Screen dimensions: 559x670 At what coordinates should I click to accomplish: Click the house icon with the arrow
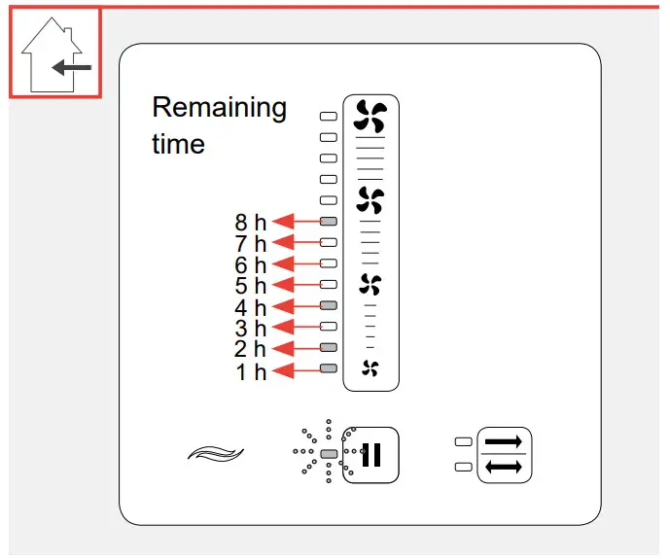coord(54,53)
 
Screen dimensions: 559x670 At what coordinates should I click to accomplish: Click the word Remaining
coord(220,107)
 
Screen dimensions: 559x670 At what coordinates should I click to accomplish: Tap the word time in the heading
coord(178,144)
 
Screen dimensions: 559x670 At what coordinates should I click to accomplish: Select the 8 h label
coord(250,223)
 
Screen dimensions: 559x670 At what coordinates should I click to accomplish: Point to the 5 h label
coord(250,286)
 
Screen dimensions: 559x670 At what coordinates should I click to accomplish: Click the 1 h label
coord(250,370)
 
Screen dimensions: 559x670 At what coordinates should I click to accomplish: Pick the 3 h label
coord(250,328)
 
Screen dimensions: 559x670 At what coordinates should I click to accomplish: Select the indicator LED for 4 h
coord(329,306)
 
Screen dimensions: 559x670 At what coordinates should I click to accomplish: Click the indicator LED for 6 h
coord(329,263)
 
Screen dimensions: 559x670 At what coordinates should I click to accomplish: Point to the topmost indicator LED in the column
coord(329,116)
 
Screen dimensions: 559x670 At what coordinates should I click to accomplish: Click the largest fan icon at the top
coord(370,117)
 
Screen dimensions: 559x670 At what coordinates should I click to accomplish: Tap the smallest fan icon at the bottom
coord(370,367)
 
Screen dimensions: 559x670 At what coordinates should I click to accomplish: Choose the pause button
coord(370,454)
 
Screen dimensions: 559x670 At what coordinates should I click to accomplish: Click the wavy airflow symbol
coord(215,453)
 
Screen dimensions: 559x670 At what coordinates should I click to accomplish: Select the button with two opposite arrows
coord(504,454)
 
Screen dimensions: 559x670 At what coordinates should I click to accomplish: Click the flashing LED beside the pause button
coord(329,454)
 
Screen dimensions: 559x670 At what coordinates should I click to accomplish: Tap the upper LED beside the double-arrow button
coord(463,442)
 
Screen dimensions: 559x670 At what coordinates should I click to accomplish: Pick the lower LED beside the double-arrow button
coord(463,467)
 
